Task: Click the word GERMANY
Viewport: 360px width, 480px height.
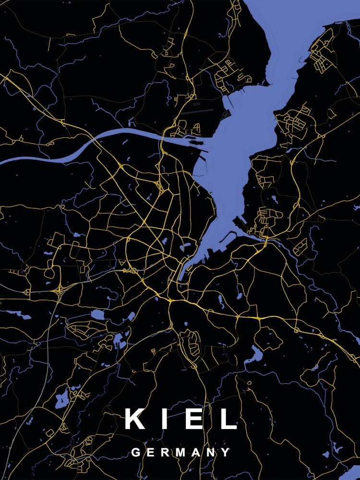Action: pyautogui.click(x=180, y=452)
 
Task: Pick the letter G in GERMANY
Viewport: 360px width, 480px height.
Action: pyautogui.click(x=136, y=452)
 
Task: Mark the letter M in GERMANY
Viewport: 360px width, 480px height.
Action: pyautogui.click(x=180, y=452)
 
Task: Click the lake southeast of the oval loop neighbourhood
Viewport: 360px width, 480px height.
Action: pyautogui.click(x=254, y=355)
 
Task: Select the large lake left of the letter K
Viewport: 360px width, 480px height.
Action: pyautogui.click(x=62, y=397)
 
